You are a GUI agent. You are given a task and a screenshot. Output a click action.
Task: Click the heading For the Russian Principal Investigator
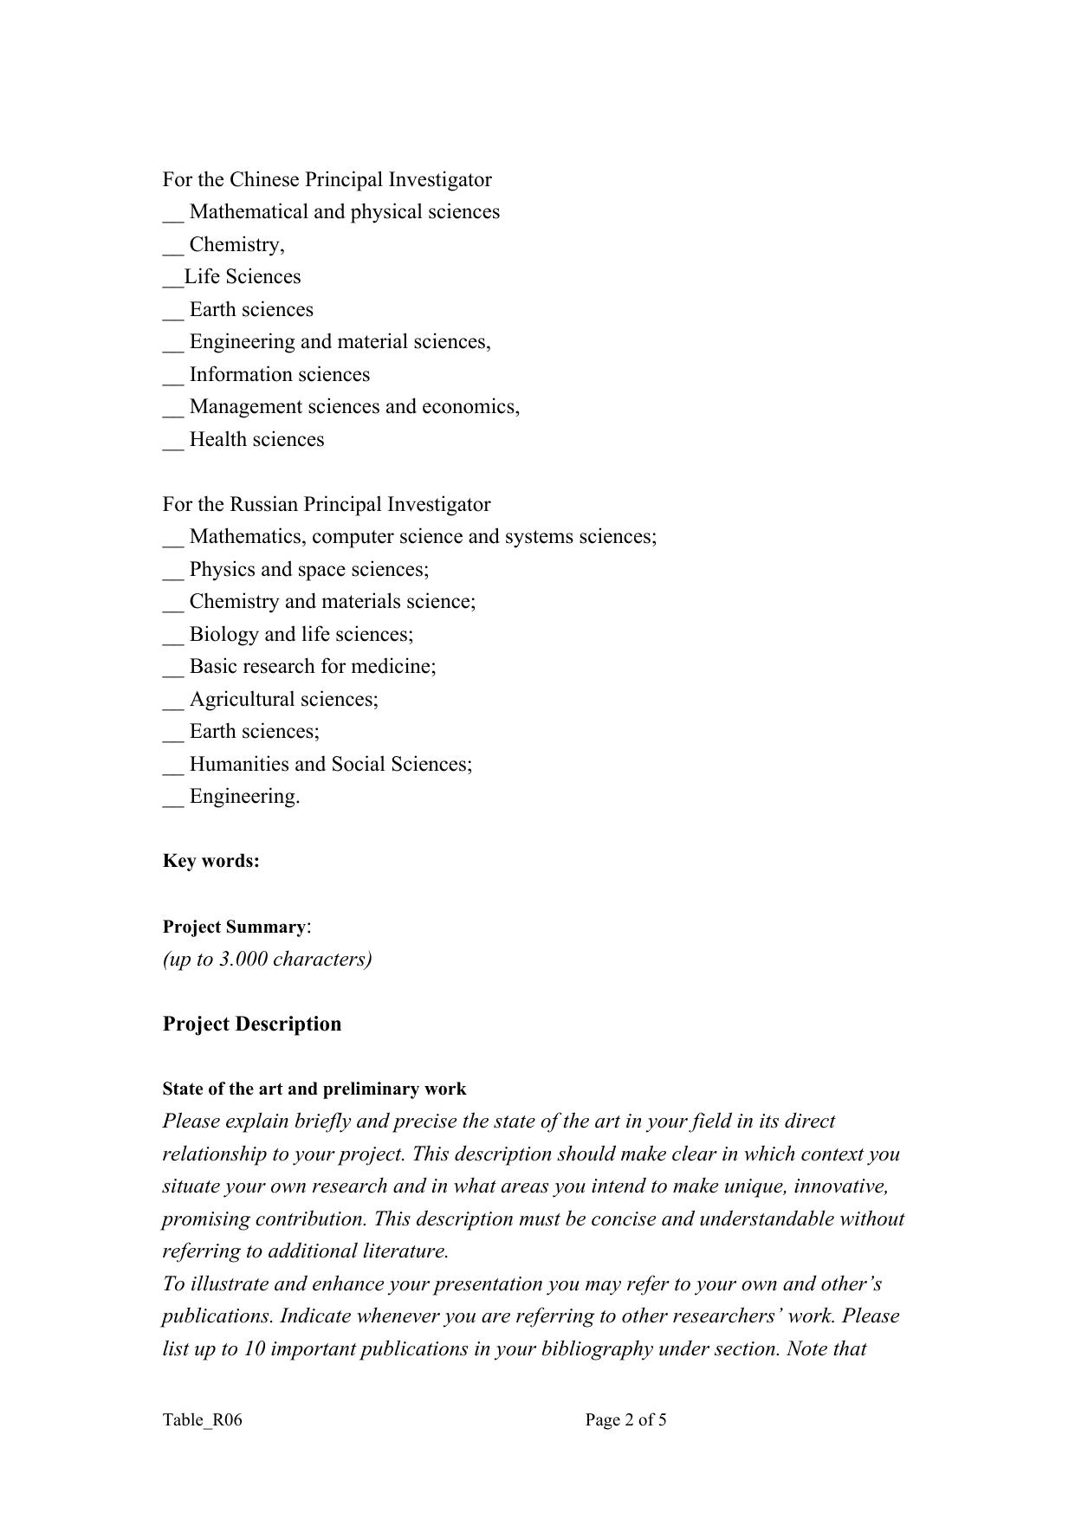326,504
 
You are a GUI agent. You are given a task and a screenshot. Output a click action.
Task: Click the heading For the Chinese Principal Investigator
327,179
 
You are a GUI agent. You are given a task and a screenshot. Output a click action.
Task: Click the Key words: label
210,861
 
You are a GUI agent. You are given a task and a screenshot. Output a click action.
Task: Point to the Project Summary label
234,927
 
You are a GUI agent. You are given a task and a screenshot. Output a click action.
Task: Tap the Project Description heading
252,1024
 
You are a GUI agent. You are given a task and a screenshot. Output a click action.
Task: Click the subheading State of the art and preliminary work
314,1089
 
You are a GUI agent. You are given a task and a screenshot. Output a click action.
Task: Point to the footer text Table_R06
202,1419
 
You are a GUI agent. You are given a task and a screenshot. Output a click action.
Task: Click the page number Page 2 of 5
625,1419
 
